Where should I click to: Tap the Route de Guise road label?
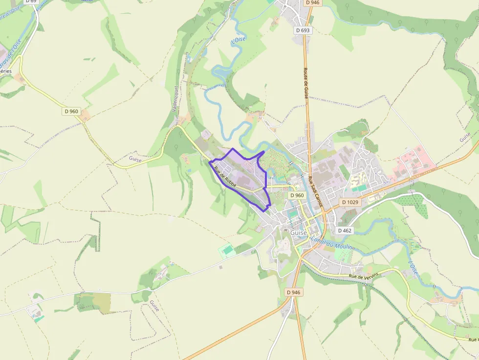coord(306,84)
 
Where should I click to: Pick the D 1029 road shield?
coord(350,202)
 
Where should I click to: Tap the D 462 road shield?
coord(345,230)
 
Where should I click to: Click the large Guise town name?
coord(299,233)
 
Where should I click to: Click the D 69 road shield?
coord(30,1)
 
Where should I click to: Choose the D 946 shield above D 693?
coord(312,2)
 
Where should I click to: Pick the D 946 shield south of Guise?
coord(293,292)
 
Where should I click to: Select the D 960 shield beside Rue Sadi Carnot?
coord(297,195)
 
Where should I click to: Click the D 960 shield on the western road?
coord(71,111)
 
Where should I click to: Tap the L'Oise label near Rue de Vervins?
coord(413,269)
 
